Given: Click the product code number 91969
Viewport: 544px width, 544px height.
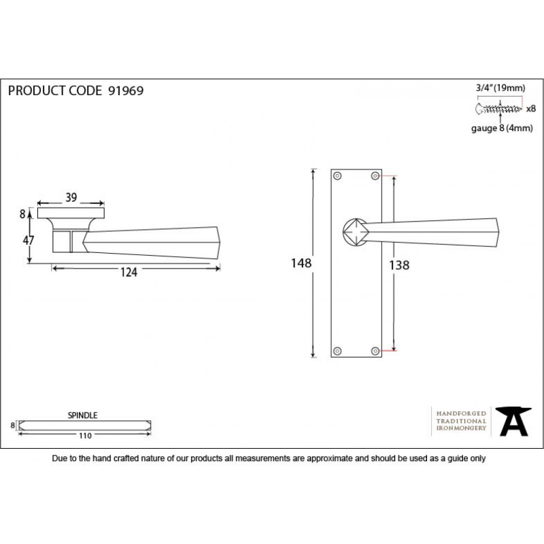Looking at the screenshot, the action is tap(126, 91).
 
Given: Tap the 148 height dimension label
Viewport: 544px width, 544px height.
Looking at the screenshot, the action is tap(301, 263).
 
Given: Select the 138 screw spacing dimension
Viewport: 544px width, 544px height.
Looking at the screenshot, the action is tap(399, 265).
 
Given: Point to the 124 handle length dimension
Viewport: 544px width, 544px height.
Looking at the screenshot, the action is tap(129, 273).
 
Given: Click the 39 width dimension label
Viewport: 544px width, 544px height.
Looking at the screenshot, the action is tap(71, 197).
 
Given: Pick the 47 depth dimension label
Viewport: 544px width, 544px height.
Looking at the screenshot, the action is tap(29, 240).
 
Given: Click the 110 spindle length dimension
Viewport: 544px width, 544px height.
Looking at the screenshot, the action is tap(85, 436).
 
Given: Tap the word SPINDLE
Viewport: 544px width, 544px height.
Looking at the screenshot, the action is tap(82, 415).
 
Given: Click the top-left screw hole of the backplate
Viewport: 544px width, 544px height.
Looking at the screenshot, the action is tap(337, 176).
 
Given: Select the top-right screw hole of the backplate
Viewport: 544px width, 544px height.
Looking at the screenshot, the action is tap(375, 176).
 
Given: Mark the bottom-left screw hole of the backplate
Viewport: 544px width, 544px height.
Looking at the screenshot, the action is tap(337, 351).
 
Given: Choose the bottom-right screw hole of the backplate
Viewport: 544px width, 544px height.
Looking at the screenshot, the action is tap(375, 351).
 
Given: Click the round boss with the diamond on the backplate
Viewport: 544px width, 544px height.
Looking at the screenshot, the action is tap(356, 232).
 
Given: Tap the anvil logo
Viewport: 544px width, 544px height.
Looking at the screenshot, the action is tap(513, 422).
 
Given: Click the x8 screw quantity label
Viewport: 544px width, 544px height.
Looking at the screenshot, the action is tap(531, 109).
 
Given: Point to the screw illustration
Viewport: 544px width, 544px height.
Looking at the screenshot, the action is tap(498, 109).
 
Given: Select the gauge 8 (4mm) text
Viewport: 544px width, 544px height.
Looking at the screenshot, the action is tap(502, 129).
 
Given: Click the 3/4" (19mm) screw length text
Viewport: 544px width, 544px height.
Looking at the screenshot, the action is tap(500, 88).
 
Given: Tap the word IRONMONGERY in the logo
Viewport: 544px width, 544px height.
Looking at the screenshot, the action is tap(461, 428).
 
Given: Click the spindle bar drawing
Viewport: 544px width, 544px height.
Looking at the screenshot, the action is tap(84, 426).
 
